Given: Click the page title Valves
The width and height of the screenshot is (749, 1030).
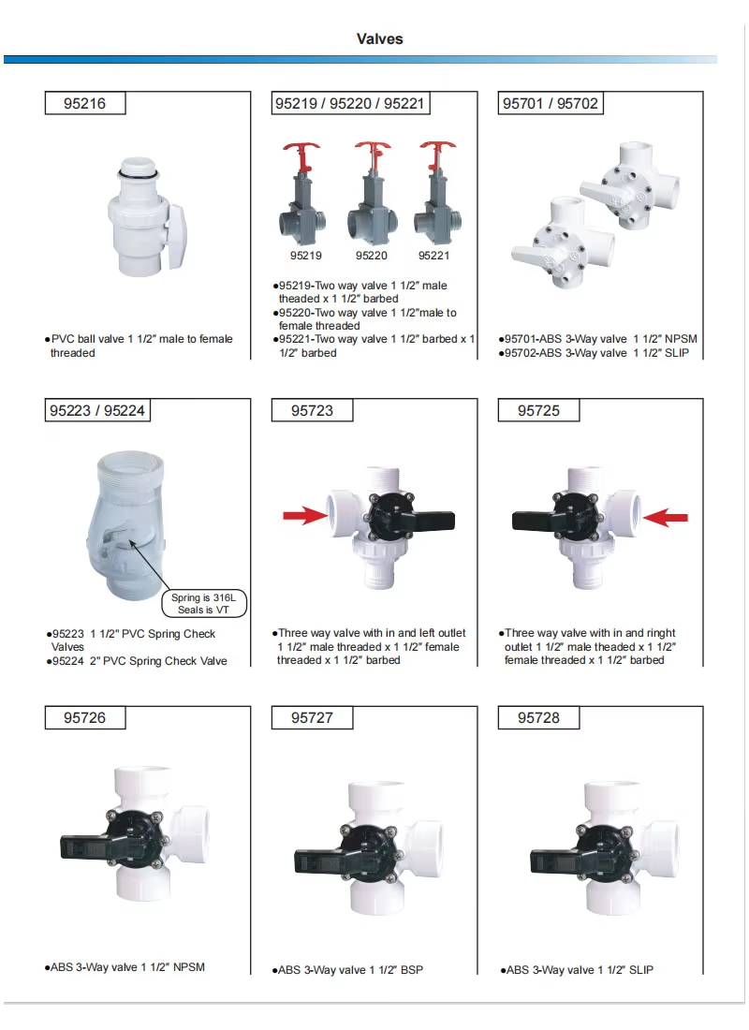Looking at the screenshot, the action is pos(380,38).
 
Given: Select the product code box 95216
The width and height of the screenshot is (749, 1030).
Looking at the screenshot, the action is pos(85,103).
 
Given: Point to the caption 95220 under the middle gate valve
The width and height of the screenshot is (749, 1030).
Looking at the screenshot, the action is pos(371,256).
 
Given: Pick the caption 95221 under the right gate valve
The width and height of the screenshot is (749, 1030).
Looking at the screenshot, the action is pos(433,256).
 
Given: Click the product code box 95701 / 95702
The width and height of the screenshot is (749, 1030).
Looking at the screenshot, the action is pos(551,103).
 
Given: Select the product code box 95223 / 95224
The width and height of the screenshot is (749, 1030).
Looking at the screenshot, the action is pos(97,410).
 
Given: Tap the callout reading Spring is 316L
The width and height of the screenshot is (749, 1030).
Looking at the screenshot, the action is pos(203,597).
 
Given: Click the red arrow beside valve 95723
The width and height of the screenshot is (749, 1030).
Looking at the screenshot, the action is pos(305,516).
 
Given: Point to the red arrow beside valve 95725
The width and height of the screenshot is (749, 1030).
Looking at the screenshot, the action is pos(666,517).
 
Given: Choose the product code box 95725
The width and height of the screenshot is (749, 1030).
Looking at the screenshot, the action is pos(538,410).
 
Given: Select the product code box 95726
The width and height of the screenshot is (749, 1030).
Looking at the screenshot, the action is pos(85,718).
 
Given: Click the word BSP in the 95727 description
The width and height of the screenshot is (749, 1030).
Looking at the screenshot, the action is pos(412,969).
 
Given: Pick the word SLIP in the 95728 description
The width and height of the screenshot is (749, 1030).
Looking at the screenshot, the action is pos(641,969).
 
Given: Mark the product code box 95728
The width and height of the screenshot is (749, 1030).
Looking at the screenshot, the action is pos(538,718).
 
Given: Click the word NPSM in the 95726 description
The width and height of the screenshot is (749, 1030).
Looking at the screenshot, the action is pos(189,967).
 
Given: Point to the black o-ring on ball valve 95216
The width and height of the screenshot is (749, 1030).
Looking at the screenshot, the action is pos(138,174).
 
